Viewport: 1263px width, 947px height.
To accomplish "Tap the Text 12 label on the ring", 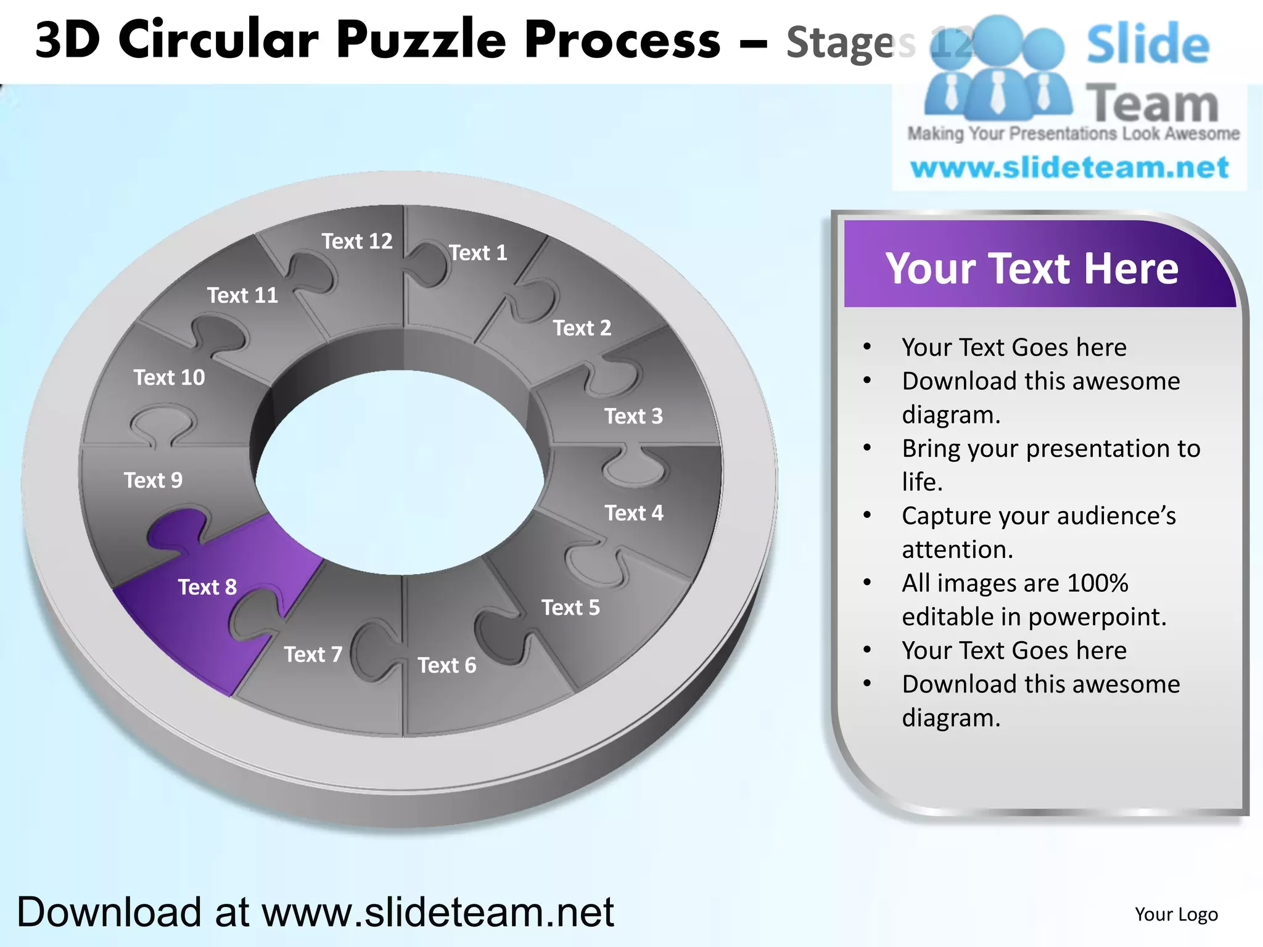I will tap(357, 241).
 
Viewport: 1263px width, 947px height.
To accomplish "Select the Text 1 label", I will tap(478, 253).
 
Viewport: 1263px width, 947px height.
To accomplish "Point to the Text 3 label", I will tap(633, 416).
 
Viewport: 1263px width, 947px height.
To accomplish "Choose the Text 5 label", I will tap(570, 608).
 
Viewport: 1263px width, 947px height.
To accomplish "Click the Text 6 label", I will tap(446, 665).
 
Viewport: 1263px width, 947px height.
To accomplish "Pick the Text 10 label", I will tap(169, 377).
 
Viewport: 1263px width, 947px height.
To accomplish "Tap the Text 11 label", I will tap(242, 295).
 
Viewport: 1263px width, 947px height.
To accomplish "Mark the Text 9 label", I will tap(153, 480).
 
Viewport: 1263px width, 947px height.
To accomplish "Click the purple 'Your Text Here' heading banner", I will tap(1032, 268).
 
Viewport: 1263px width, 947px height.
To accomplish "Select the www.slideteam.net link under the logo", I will tap(1069, 168).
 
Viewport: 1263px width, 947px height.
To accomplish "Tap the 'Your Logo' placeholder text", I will tap(1176, 914).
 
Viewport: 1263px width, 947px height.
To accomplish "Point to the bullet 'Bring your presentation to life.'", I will tap(1051, 465).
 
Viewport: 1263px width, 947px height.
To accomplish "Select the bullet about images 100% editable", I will tap(1034, 599).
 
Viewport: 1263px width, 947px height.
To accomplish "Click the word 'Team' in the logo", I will tap(1151, 104).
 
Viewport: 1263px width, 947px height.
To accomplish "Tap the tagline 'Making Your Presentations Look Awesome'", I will tap(1073, 134).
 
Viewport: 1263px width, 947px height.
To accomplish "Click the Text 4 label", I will tap(633, 513).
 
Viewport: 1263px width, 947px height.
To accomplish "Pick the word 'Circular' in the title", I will tap(219, 41).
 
